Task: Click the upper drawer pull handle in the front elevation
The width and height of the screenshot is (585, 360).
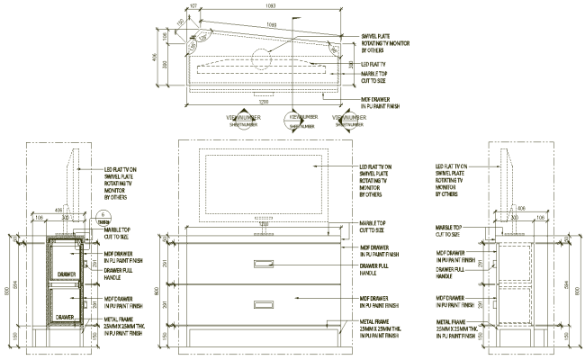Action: [264, 264]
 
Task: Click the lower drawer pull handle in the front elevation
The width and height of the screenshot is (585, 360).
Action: [264, 304]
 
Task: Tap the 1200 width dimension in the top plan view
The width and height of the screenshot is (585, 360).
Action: [264, 102]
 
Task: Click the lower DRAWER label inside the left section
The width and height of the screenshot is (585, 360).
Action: [62, 317]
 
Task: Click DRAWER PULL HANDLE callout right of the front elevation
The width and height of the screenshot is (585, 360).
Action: [378, 269]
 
